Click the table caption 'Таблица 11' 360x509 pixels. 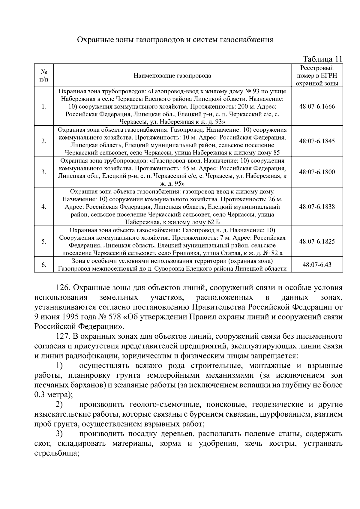[322, 59]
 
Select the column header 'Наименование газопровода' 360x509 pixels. [172, 76]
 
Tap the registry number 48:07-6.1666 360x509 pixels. [317, 106]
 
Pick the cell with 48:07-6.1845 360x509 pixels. [317, 141]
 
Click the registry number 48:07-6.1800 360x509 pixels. [317, 172]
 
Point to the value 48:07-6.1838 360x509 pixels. [317, 207]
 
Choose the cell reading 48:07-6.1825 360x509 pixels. [317, 241]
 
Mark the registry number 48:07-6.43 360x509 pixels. [317, 265]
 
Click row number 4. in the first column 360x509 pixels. [44, 207]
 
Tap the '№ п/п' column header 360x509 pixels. [44, 76]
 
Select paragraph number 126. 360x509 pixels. [63, 288]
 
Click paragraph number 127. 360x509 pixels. [63, 337]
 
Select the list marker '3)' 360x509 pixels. [59, 434]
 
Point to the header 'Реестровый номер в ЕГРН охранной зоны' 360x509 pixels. [317, 76]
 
